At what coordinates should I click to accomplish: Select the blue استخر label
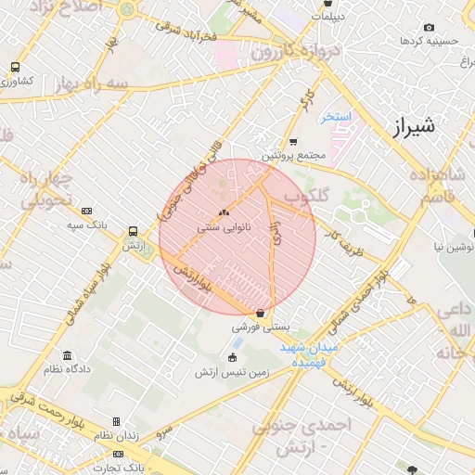(336, 117)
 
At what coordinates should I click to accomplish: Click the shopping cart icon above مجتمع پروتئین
(293, 142)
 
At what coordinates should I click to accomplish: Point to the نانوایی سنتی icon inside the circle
(224, 212)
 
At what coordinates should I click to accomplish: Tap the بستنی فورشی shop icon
(261, 314)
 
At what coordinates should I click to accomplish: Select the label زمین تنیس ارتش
(231, 372)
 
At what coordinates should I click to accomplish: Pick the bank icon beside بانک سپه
(87, 211)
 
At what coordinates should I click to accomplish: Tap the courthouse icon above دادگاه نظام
(66, 355)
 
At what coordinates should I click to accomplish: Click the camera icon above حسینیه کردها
(428, 28)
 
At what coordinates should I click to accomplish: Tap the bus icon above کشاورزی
(15, 67)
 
